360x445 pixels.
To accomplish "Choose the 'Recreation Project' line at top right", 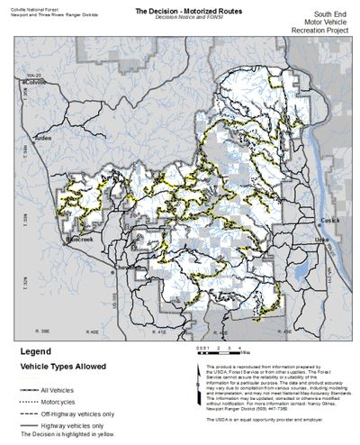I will click(319, 41).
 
